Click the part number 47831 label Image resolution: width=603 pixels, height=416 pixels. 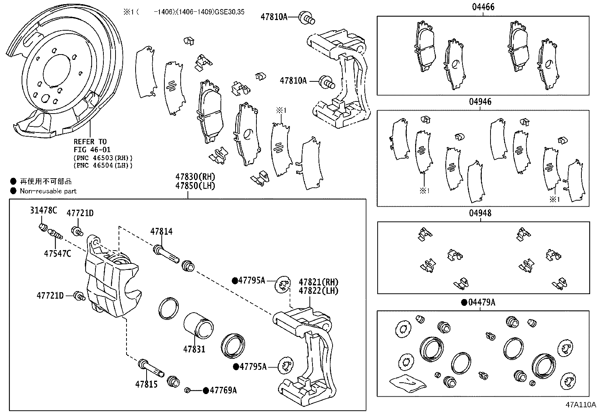(x=194, y=349)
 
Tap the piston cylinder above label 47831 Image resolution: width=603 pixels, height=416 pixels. (x=199, y=325)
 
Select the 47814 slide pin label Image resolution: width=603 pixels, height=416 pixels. (x=161, y=231)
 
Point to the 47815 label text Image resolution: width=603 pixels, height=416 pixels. (x=146, y=384)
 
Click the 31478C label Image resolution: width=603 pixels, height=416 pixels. (x=44, y=210)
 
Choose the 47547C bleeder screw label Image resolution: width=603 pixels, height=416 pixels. (x=57, y=254)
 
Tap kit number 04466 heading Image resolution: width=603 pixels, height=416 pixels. (x=483, y=7)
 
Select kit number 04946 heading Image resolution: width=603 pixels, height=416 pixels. (x=480, y=101)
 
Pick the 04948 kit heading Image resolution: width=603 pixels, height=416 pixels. (x=480, y=213)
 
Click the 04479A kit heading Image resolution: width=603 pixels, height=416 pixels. (x=481, y=302)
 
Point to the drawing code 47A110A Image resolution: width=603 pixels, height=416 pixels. (x=581, y=404)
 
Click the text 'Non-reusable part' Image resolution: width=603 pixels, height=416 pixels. (x=48, y=191)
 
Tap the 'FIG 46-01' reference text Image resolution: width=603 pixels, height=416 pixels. (x=92, y=150)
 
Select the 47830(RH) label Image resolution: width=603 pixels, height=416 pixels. (x=195, y=177)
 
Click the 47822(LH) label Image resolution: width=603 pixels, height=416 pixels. (x=318, y=291)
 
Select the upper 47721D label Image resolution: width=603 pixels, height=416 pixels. (x=80, y=213)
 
